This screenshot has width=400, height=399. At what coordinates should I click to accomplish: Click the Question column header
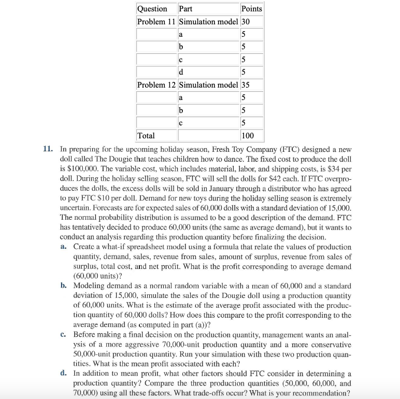(x=152, y=9)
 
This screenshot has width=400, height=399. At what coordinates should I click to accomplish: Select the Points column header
(x=251, y=9)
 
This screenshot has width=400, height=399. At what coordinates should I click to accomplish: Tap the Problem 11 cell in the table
(x=156, y=21)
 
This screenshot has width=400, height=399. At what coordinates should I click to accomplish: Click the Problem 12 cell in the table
(x=156, y=84)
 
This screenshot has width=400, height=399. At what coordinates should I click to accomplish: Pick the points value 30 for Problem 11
(x=246, y=21)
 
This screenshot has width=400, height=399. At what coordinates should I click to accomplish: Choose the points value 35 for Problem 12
(x=246, y=84)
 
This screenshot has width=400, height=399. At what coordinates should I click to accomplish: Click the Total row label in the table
(x=146, y=135)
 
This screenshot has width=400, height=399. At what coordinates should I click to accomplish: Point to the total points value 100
(x=248, y=135)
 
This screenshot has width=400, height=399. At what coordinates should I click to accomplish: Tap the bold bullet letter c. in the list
(x=63, y=335)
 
